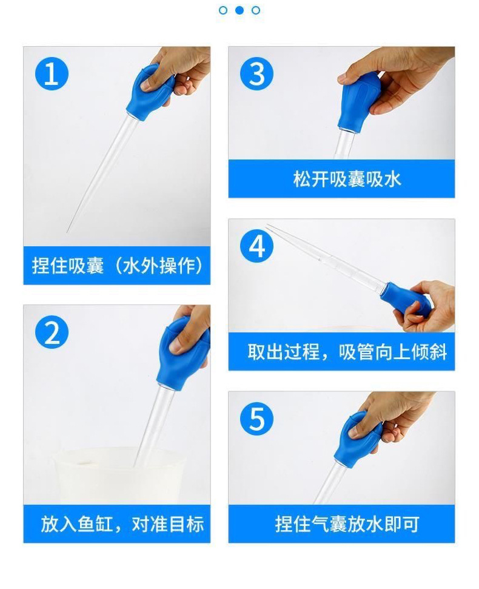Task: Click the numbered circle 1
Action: [52, 74]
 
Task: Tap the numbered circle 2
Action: [52, 332]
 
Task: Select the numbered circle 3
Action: [256, 74]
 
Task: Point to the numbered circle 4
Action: [256, 247]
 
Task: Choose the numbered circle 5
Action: [256, 419]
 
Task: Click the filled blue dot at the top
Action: [239, 10]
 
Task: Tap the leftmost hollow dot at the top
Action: [223, 10]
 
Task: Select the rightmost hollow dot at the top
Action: [256, 10]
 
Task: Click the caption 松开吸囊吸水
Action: [347, 179]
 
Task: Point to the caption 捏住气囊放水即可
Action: [347, 524]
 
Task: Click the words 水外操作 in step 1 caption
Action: [159, 266]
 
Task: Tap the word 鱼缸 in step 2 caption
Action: [96, 524]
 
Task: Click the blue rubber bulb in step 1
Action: [149, 92]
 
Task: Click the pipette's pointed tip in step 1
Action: [67, 231]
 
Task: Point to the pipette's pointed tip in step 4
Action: [267, 226]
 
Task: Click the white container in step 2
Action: [129, 476]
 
